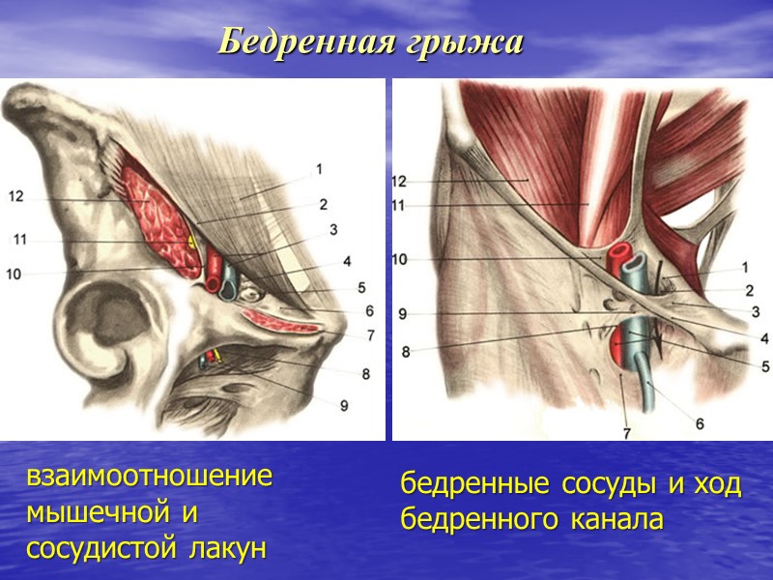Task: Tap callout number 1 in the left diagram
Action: tap(318, 170)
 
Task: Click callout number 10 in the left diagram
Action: tap(13, 275)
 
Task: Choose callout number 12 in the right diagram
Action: tap(400, 181)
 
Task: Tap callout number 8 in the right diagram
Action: tap(406, 352)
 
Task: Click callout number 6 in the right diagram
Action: tap(700, 423)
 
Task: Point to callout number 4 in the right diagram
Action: tap(763, 338)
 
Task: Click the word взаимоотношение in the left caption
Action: tap(150, 478)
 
